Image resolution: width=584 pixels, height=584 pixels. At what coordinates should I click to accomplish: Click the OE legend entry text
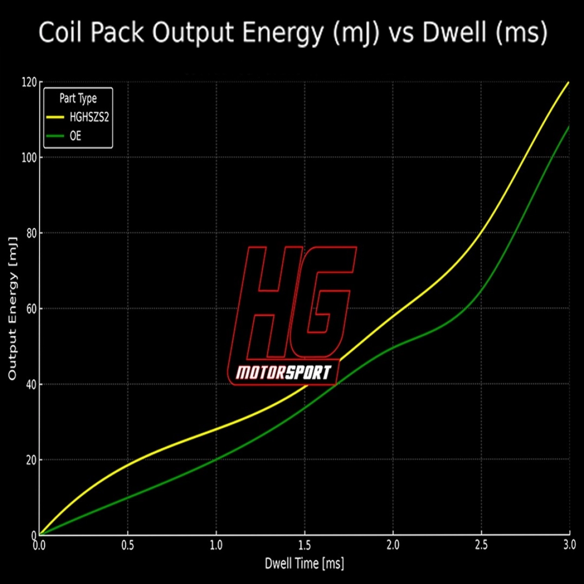75,136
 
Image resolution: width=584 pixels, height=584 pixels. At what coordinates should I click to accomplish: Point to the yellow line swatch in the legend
55,117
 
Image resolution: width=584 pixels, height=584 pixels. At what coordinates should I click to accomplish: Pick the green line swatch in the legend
55,136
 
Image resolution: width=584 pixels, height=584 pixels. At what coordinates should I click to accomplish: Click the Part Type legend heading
78,98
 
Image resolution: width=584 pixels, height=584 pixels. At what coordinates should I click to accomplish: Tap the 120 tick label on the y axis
29,82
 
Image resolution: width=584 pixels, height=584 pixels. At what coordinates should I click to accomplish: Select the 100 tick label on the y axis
29,158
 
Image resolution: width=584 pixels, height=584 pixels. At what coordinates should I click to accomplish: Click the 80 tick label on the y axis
31,233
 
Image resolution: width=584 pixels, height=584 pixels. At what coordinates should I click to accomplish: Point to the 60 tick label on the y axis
31,309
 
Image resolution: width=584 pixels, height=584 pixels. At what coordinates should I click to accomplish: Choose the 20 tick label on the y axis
31,460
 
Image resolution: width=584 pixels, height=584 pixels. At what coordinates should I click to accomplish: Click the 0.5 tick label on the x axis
128,545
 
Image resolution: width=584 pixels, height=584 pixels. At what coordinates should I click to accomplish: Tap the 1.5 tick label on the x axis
305,545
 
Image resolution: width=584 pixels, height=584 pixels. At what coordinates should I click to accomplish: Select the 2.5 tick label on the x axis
481,545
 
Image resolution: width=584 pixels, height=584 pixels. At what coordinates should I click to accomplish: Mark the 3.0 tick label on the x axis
569,545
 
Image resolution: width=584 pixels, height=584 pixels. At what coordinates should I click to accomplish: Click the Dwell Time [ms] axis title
304,564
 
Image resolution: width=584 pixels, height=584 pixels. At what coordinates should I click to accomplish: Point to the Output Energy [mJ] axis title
12,309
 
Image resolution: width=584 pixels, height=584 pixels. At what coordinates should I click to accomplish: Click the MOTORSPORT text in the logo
283,373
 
